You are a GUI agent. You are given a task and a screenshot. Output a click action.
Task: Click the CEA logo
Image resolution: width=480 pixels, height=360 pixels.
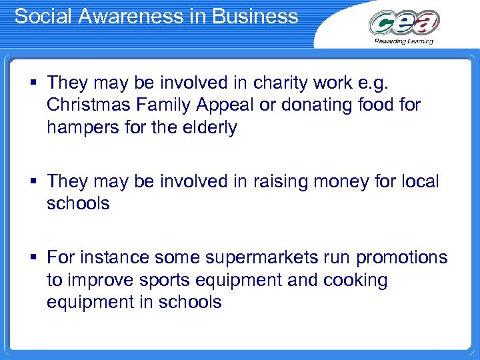coord(404,23)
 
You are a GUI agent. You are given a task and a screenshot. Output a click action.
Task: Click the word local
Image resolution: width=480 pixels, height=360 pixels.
coord(418,181)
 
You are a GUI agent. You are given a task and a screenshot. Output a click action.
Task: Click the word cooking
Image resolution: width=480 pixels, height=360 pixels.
coord(355,279)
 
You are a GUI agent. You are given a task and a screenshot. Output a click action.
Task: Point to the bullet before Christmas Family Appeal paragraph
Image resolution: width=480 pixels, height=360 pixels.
coord(32,84)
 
